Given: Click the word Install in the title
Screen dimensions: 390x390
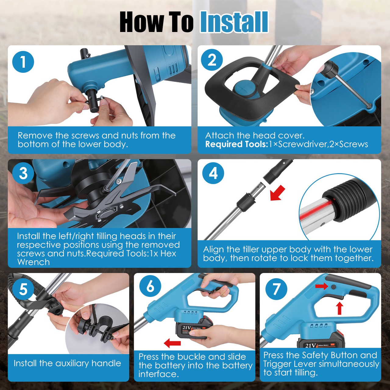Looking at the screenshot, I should click(234, 22).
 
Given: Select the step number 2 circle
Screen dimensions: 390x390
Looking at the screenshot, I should click(212, 60).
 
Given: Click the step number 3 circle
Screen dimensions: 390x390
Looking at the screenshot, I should click(23, 173).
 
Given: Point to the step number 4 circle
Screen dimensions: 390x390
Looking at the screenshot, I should click(213, 173).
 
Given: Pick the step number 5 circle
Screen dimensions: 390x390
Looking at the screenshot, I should click(23, 289).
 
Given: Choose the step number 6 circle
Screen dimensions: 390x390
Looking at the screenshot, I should click(150, 286).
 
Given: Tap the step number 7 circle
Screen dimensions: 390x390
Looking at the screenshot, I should click(276, 288).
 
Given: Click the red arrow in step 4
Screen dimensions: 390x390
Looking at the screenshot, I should click(278, 193).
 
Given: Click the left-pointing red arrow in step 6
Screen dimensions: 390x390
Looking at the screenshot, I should click(172, 343).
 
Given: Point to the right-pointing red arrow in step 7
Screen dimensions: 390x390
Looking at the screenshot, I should click(321, 286).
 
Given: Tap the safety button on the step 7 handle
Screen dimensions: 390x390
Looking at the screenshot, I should click(333, 287).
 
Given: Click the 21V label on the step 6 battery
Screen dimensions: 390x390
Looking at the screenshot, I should click(186, 328).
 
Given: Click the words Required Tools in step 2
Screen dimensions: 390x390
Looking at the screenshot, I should click(236, 144).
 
